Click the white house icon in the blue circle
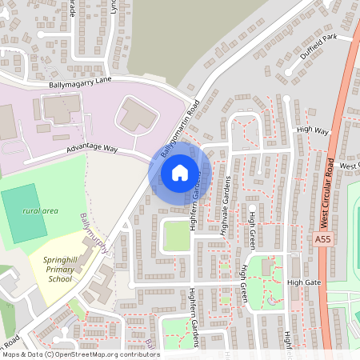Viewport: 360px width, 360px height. click(x=180, y=172)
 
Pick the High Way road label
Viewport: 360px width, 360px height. click(x=312, y=130)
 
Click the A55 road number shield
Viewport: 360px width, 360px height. click(x=322, y=239)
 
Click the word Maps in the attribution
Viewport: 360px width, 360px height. click(x=11, y=354)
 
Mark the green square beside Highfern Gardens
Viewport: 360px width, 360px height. click(x=175, y=236)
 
